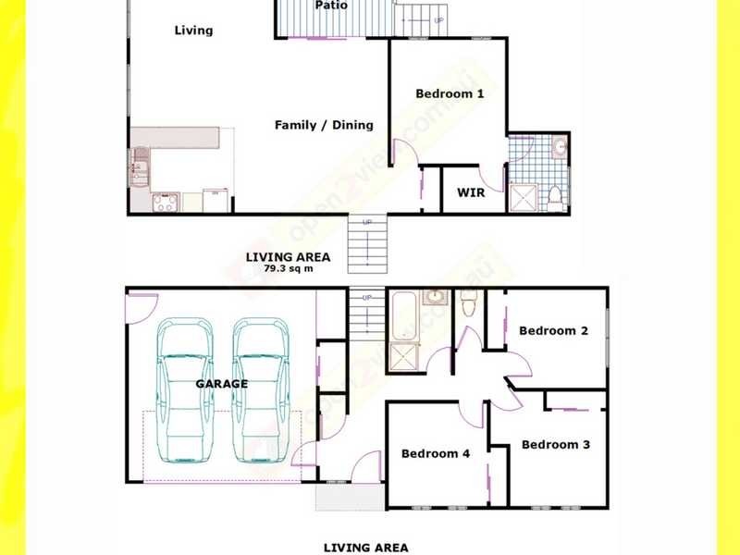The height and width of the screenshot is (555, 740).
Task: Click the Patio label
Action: click(x=331, y=6)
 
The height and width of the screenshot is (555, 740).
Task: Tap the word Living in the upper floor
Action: click(x=193, y=31)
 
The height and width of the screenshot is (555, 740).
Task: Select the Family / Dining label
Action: click(x=324, y=125)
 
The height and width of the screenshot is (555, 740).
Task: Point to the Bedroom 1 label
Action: click(x=450, y=93)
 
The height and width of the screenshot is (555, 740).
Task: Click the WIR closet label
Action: click(x=472, y=193)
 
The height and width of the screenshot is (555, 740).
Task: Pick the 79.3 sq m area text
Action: click(x=288, y=268)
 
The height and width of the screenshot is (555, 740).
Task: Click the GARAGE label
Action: click(x=221, y=383)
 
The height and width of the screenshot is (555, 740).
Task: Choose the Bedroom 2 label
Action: click(x=553, y=330)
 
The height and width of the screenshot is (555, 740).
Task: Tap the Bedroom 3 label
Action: click(x=555, y=445)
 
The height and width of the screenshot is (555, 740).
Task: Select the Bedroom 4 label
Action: click(x=435, y=453)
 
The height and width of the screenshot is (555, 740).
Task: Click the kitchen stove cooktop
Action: click(x=165, y=203)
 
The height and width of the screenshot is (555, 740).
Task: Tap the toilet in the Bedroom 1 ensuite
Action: click(x=555, y=195)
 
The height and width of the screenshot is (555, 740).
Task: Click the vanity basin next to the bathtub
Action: click(x=436, y=297)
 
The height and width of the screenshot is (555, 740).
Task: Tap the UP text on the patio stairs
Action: click(x=438, y=20)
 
